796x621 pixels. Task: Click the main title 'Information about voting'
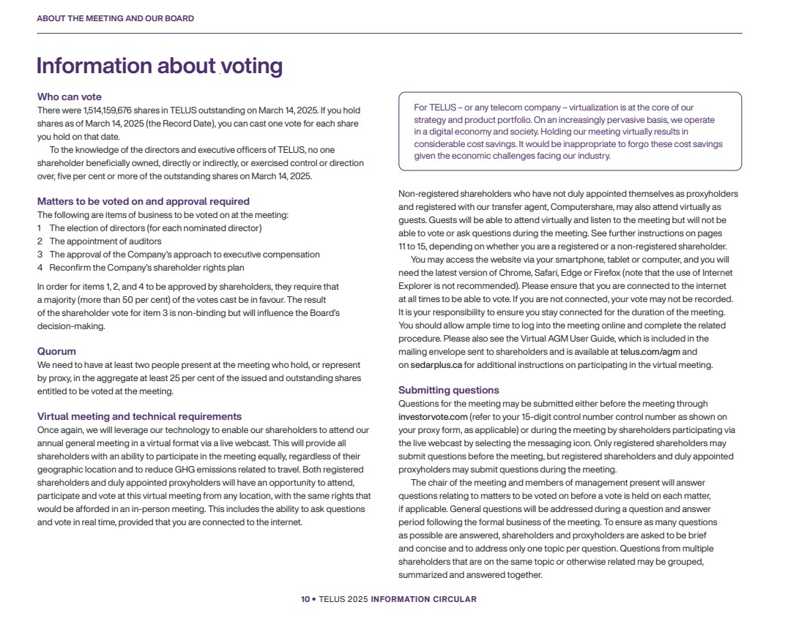click(x=159, y=66)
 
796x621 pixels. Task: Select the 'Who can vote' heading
click(x=70, y=97)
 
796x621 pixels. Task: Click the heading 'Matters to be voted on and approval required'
click(x=144, y=201)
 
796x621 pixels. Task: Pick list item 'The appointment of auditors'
click(x=105, y=241)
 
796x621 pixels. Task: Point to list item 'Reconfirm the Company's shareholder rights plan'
click(x=146, y=268)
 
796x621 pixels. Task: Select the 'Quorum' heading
click(x=56, y=351)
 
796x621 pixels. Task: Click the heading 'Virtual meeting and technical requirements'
click(x=139, y=416)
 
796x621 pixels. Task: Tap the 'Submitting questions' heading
click(x=448, y=390)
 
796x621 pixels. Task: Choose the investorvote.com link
click(x=433, y=417)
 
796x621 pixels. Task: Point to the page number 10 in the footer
click(x=305, y=599)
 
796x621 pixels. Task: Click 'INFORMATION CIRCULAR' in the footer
click(x=423, y=599)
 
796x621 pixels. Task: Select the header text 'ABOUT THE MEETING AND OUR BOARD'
click(x=115, y=18)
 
